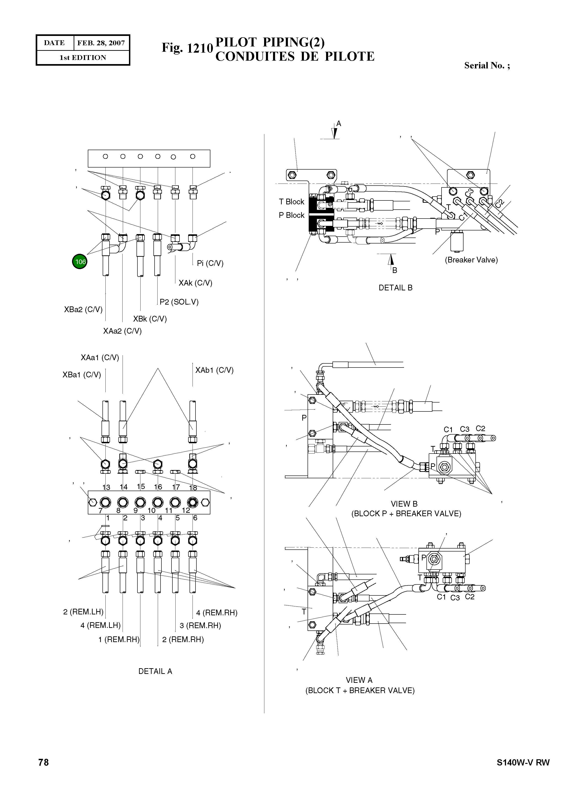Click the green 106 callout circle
coord(80,262)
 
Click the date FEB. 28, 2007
coord(101,43)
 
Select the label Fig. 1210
coord(187,48)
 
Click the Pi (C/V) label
coord(210,263)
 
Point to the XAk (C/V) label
coord(195,283)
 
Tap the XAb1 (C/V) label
coord(214,370)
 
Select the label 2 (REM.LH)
coord(83,612)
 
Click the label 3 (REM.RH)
coord(200,625)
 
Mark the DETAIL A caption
coord(155,671)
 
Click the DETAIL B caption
coord(395,288)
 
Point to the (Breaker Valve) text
coord(471,260)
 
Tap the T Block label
coord(291,202)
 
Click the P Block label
coord(291,215)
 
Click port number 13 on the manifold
coord(106,487)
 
